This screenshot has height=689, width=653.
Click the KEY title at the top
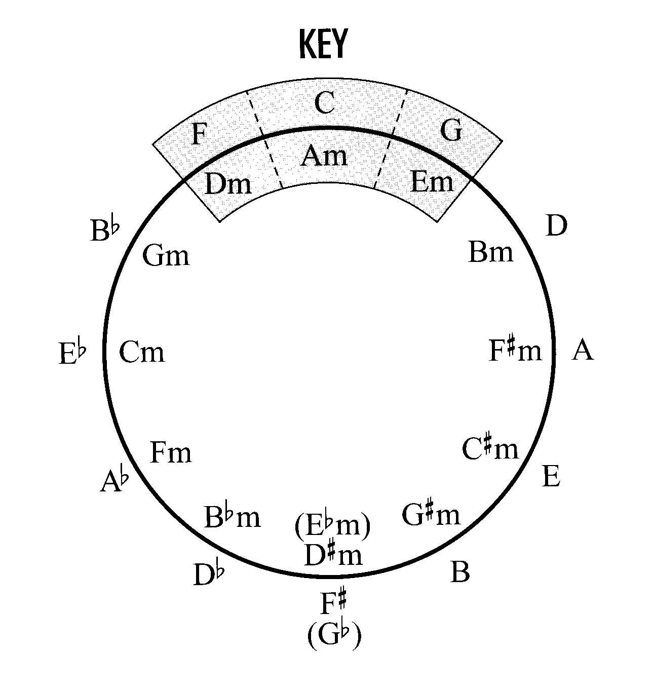[323, 44]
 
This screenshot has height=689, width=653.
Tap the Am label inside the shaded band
[324, 156]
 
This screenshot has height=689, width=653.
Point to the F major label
[199, 135]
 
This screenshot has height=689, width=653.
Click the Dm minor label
[228, 184]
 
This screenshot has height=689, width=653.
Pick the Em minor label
[432, 181]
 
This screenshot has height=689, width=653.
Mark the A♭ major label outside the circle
[114, 481]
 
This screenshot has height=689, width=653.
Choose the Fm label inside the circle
[171, 452]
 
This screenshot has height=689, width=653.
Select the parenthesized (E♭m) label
[332, 527]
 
